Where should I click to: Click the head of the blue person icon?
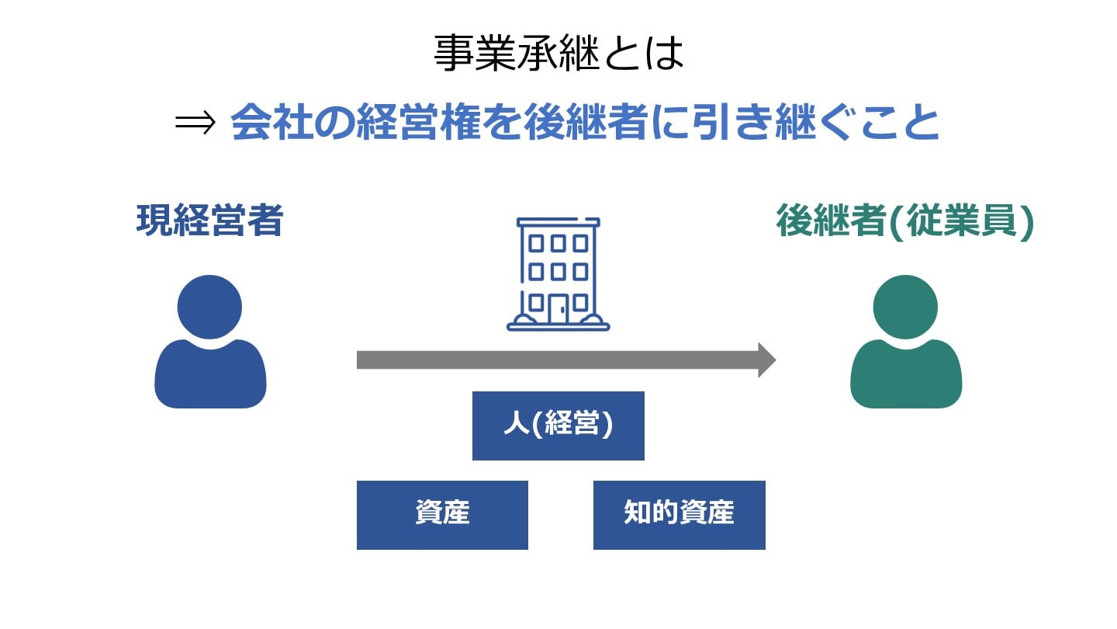209,306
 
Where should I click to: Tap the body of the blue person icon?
210,377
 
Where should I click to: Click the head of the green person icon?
905,306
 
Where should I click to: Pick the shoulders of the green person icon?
906,373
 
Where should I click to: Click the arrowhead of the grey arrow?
766,360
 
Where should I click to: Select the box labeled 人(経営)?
558,426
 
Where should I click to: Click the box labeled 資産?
442,515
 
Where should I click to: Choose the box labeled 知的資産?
679,515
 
